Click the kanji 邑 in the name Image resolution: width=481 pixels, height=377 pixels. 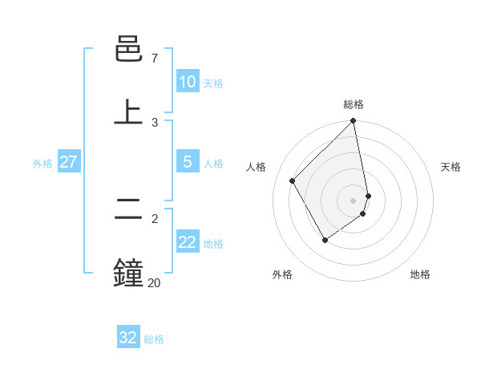pos(129,51)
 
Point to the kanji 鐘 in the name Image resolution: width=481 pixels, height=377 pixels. pos(129,274)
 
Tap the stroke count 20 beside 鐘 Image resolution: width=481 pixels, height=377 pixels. pos(154,282)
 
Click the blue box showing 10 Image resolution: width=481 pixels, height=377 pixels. pos(188,82)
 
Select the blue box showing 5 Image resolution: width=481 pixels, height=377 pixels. pos(188,162)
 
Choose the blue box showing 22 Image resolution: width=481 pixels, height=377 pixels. pos(188,242)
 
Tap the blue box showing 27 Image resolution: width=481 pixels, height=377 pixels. pos(68,162)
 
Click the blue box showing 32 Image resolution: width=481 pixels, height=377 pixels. pos(128,338)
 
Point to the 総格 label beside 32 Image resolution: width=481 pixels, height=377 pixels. pos(154,339)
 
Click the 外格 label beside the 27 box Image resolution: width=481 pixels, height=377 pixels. pos(42,164)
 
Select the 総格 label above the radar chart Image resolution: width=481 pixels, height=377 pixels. pos(354,104)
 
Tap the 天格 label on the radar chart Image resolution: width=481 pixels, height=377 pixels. pos(451,167)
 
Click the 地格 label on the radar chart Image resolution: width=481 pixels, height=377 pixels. pos(420,274)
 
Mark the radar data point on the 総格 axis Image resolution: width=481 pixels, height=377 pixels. pos(354,122)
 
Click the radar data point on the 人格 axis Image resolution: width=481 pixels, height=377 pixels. pos(293,180)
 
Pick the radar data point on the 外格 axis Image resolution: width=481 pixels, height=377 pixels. pos(325,240)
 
